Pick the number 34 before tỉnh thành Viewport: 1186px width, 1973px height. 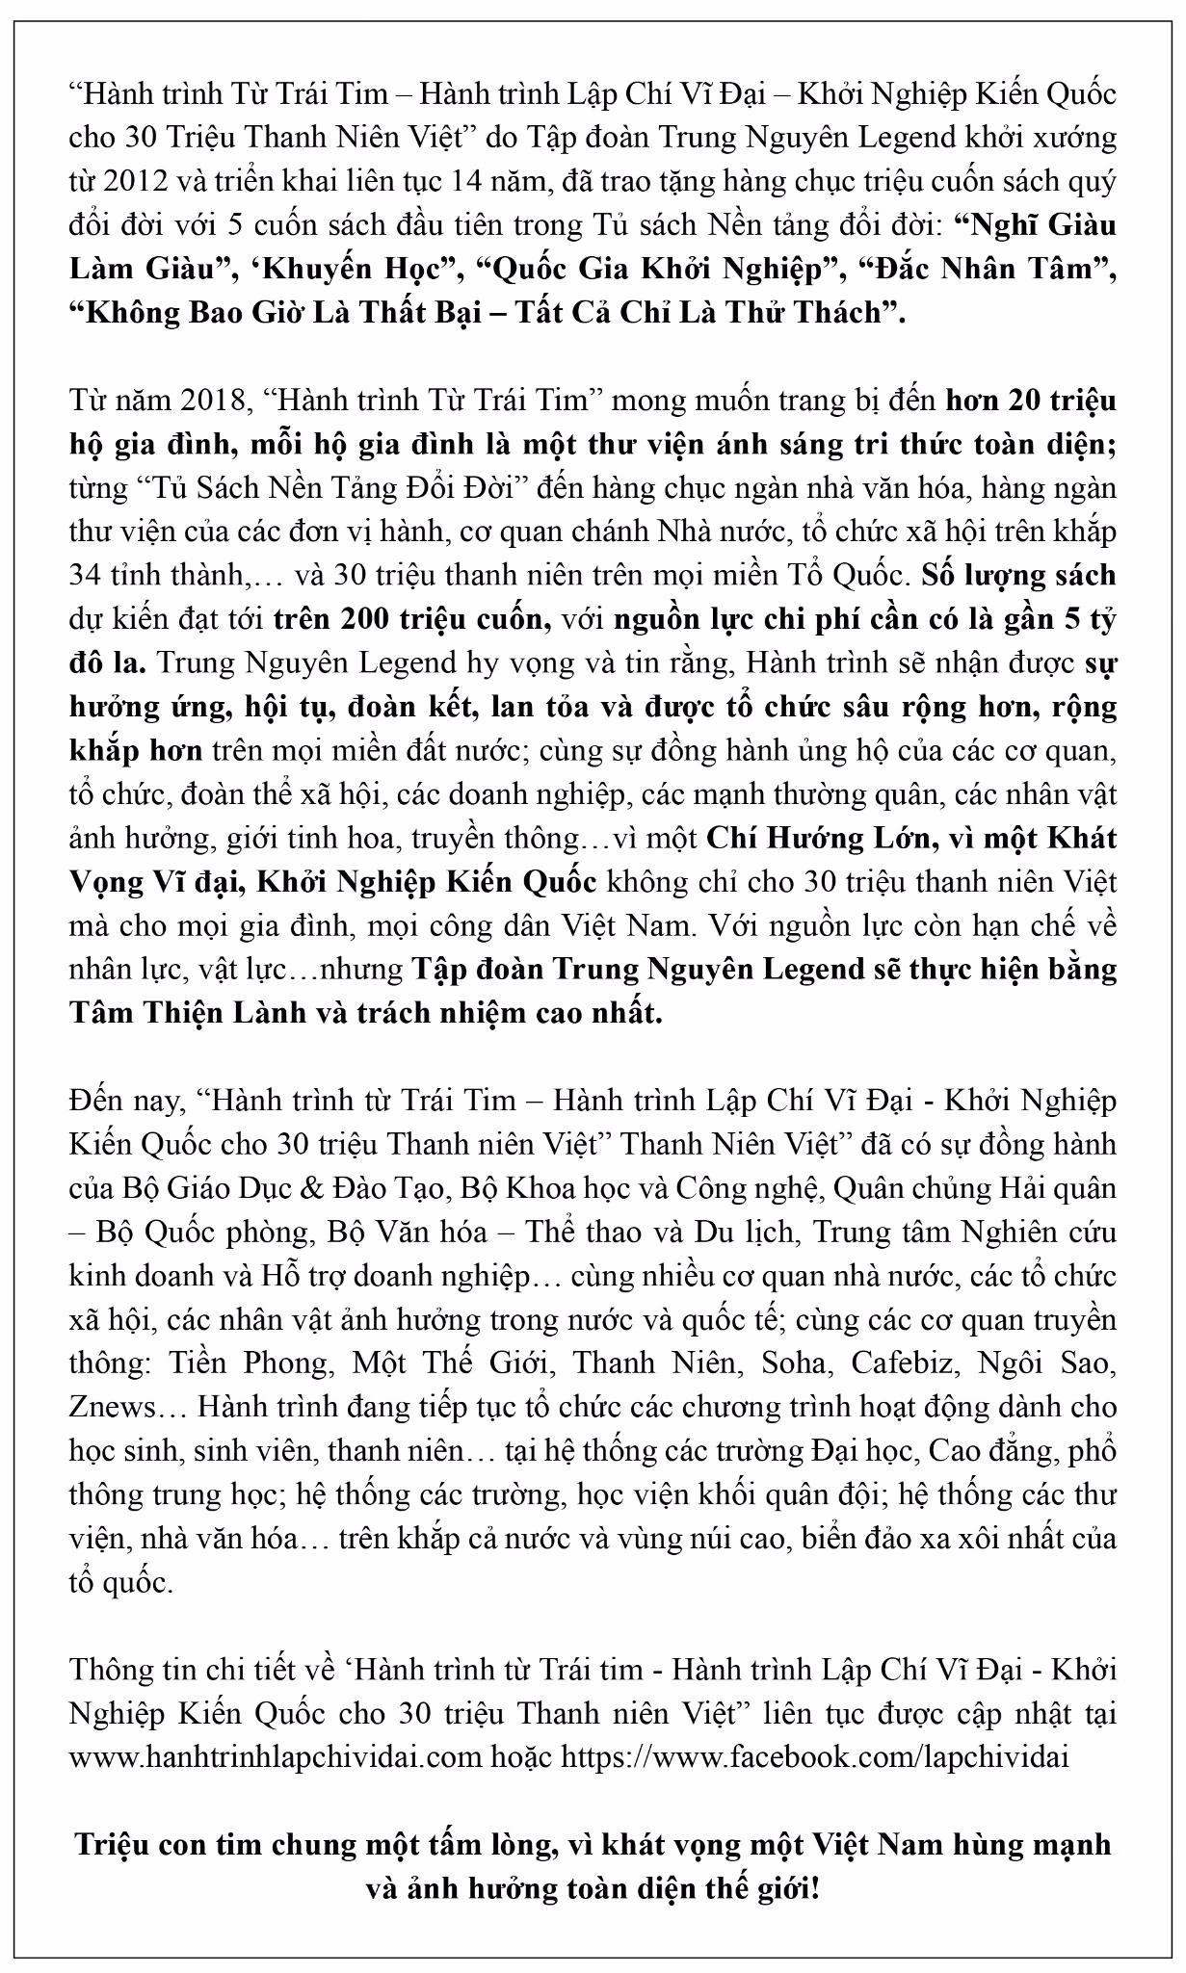pos(87,576)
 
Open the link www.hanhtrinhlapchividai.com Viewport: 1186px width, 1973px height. pos(275,1757)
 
